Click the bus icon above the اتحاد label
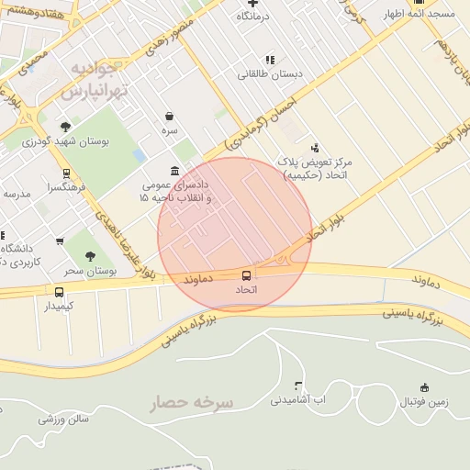[246, 275]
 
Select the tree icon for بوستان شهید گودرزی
[65, 127]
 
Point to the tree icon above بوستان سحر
[90, 257]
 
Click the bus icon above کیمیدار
[59, 292]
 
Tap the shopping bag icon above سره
[170, 117]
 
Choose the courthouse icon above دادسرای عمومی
[175, 171]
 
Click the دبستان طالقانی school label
[266, 74]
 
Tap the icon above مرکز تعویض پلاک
[315, 147]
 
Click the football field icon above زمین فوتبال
[423, 387]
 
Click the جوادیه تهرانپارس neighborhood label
[89, 81]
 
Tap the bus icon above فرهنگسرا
[66, 173]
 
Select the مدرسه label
[17, 194]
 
